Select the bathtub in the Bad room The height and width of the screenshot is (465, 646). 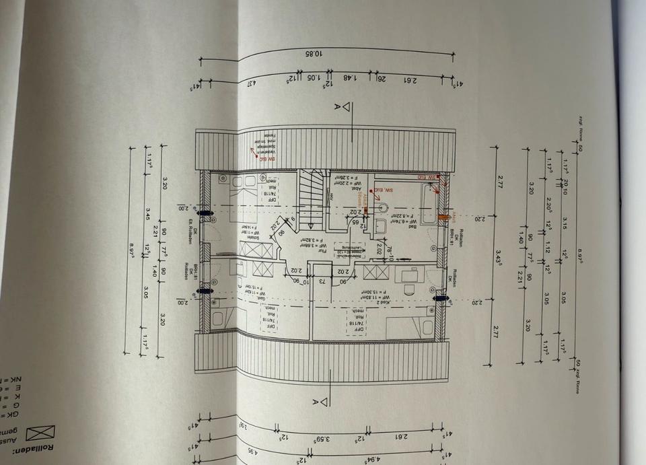(425, 203)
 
